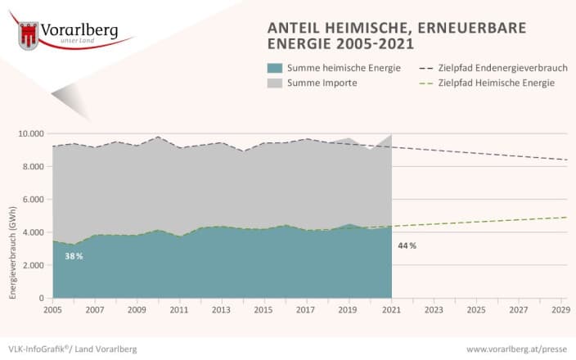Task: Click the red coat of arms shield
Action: [x=29, y=35]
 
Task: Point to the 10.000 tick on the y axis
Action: [x=30, y=133]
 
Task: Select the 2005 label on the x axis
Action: [x=52, y=310]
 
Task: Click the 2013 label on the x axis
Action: [x=222, y=310]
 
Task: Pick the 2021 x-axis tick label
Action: [x=392, y=310]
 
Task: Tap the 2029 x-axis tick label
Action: [x=561, y=310]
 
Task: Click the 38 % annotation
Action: [x=74, y=256]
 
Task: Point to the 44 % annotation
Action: [x=407, y=245]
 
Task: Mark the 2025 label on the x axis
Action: [x=476, y=310]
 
